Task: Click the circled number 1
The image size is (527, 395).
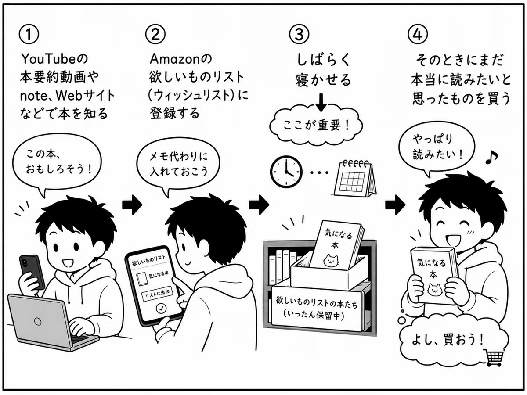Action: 29,34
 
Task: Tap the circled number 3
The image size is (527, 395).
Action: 299,34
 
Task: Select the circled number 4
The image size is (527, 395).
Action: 418,34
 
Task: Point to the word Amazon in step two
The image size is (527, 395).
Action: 175,59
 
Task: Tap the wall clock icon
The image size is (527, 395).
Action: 286,171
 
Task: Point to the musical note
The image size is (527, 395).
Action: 491,157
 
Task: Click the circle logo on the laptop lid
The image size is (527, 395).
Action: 38,321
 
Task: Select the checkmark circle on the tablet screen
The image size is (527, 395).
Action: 161,309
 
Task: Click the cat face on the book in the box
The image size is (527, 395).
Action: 331,260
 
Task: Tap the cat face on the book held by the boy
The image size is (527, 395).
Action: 435,290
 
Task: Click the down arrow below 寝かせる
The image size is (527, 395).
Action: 321,102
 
